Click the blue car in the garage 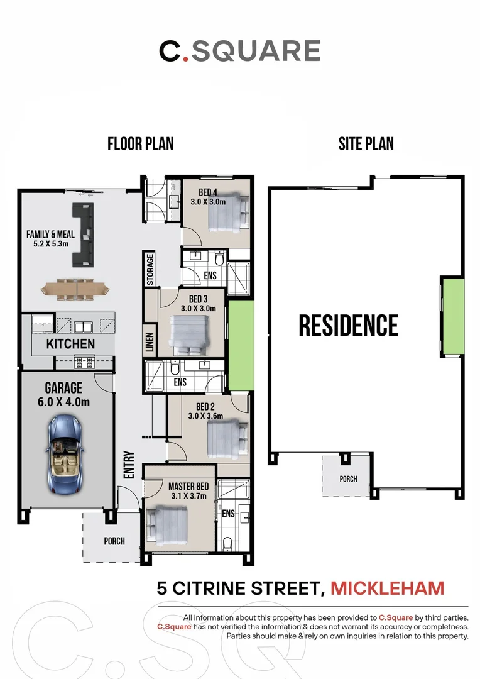[x=63, y=454]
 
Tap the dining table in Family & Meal [x=75, y=289]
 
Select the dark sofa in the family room [x=83, y=235]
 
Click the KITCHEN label [x=70, y=344]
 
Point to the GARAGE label [x=63, y=387]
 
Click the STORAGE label [x=150, y=269]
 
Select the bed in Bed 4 [x=229, y=211]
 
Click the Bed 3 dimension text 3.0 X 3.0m [x=199, y=308]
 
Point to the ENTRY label [x=129, y=465]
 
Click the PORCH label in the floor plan [x=114, y=541]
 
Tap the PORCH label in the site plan [x=349, y=479]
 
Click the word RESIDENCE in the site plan [x=349, y=326]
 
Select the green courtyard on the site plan [x=453, y=316]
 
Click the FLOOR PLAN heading [x=140, y=144]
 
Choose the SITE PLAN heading [x=366, y=144]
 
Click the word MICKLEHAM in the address [x=388, y=588]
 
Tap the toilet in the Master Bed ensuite [x=227, y=544]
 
